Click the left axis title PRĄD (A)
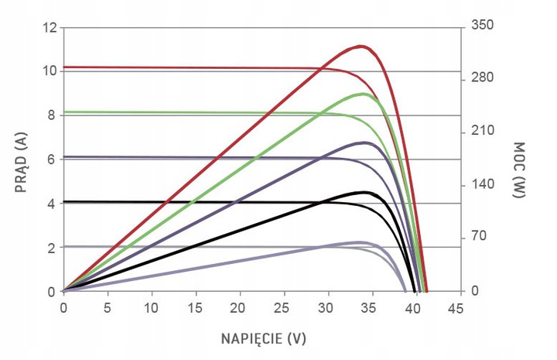(20, 160)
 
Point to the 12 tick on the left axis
(50, 28)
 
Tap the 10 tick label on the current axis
(50, 71)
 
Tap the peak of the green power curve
(363, 94)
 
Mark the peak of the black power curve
(364, 192)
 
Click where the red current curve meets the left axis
(63, 67)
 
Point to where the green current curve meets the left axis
(63, 112)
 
